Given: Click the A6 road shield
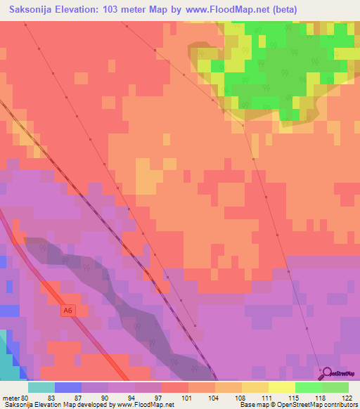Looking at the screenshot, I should point(67,310).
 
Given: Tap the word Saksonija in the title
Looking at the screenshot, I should point(34,10).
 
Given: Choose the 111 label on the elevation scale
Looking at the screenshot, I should point(247,397).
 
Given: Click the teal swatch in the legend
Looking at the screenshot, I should point(41,387).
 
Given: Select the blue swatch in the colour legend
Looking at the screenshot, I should point(67,387).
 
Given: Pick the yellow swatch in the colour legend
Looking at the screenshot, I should point(281,387).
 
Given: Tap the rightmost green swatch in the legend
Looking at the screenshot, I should point(335,387).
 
